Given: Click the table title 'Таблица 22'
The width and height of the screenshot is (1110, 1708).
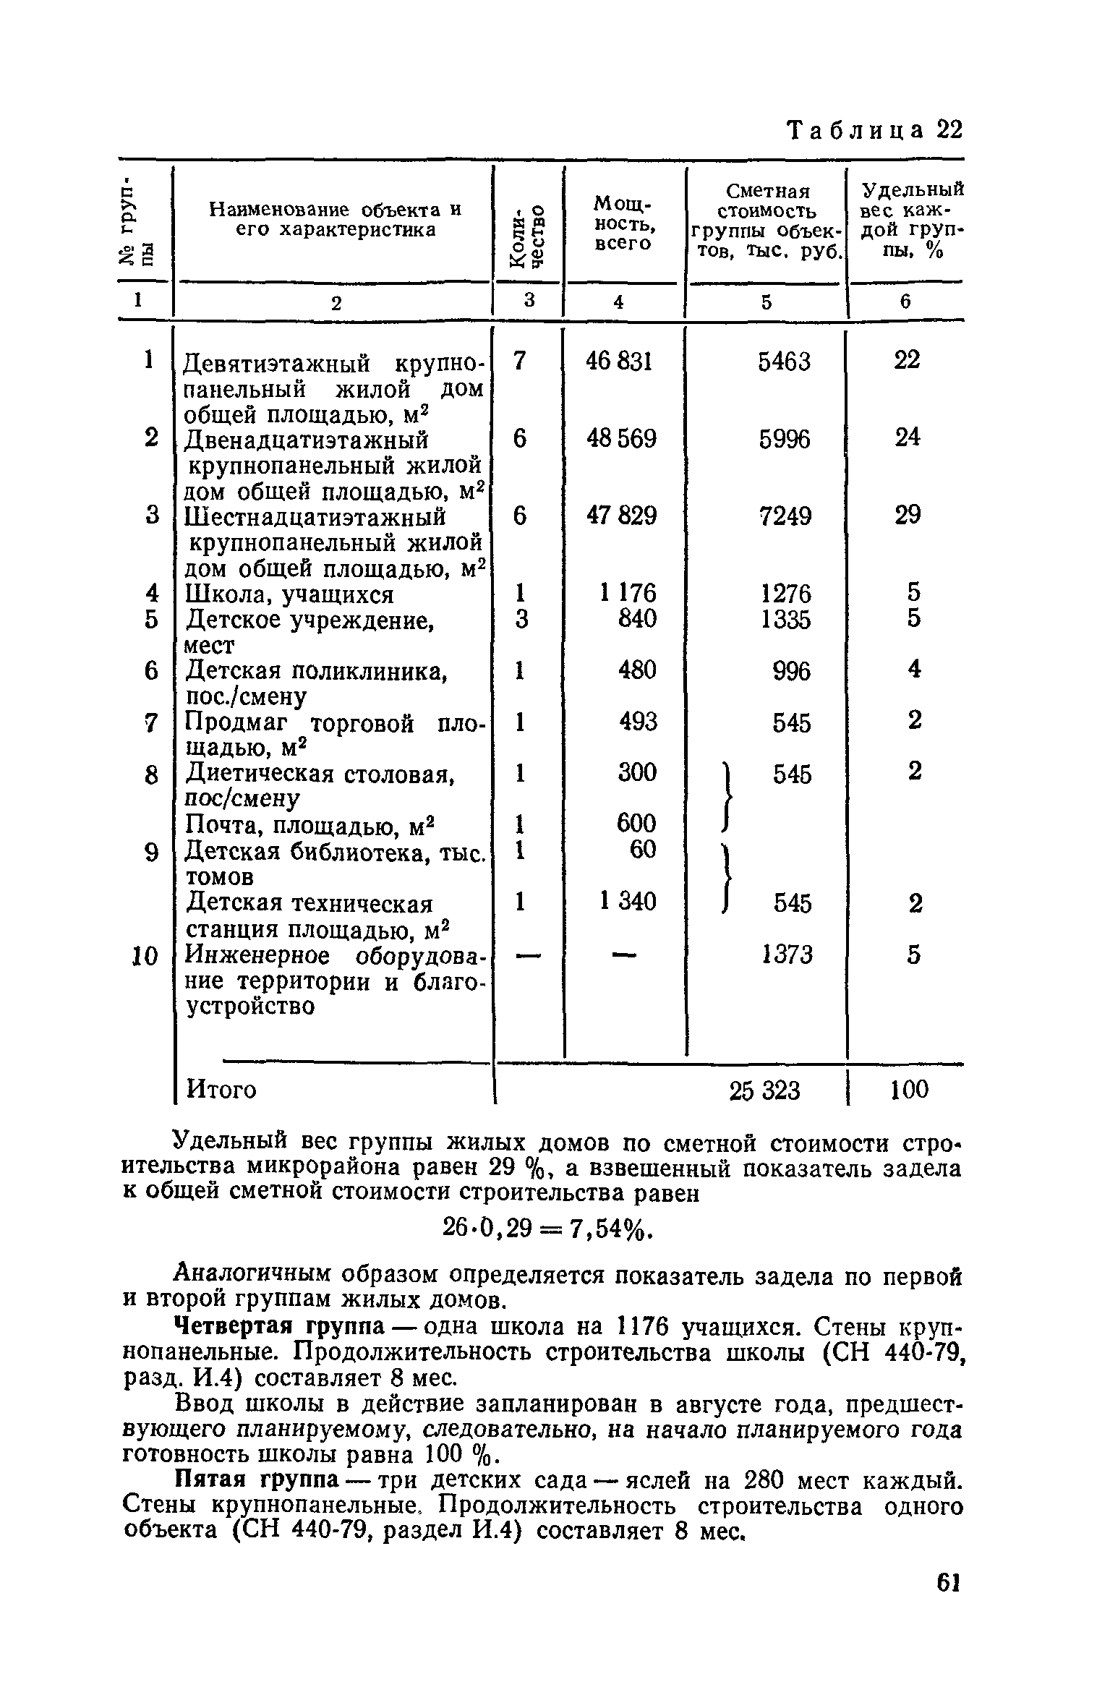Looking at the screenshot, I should click(x=874, y=131).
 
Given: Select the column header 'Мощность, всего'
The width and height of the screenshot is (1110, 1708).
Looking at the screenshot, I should click(x=623, y=223).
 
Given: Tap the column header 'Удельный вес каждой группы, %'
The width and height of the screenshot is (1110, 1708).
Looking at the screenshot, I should click(x=913, y=220).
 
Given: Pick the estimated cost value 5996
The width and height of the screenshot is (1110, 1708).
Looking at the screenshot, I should click(x=785, y=439).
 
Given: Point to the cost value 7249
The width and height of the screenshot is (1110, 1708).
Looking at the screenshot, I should click(x=785, y=516).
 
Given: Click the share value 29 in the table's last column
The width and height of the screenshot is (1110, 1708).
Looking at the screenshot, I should click(x=908, y=515).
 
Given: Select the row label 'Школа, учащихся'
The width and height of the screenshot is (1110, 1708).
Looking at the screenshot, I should click(x=289, y=594).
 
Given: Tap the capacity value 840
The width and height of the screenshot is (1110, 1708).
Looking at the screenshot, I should click(x=637, y=618).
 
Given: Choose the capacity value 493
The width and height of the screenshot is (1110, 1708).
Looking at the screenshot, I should click(x=637, y=721).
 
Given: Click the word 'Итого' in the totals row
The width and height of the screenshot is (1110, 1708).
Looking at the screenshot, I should click(x=221, y=1089).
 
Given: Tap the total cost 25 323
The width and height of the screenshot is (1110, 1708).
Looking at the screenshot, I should click(x=764, y=1090).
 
